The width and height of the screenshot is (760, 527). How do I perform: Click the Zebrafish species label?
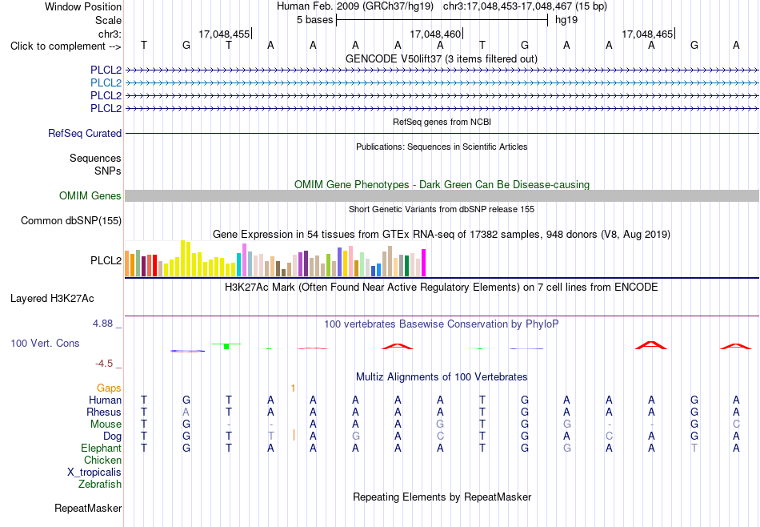(100, 484)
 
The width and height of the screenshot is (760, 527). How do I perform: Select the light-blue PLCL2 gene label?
(106, 82)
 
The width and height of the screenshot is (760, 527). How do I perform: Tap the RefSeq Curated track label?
(85, 133)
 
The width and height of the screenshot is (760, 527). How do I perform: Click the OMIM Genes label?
(90, 195)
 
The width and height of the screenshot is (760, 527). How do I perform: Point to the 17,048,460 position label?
(435, 34)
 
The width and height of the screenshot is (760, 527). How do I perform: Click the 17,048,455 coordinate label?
(224, 34)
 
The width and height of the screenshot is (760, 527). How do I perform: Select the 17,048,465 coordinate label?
(647, 34)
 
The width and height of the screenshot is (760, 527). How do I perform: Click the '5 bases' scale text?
(315, 20)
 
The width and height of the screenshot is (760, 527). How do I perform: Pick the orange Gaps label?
(109, 388)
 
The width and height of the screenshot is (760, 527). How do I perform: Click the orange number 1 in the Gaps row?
(294, 388)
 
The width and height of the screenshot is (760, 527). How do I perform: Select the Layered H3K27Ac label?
(52, 299)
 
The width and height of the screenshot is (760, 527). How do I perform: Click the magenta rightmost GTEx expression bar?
(424, 263)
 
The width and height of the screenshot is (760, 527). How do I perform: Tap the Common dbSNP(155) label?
(71, 221)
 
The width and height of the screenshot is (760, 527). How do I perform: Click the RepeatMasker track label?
(88, 508)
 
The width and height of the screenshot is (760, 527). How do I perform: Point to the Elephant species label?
(102, 448)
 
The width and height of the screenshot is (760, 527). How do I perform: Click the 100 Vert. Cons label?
(45, 343)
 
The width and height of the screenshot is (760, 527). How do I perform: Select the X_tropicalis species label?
(94, 473)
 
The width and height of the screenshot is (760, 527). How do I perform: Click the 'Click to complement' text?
(58, 46)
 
